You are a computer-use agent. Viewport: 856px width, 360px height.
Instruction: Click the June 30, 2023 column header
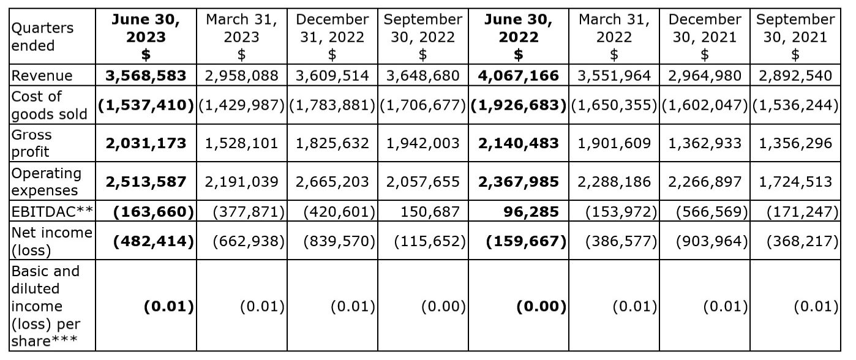(146, 37)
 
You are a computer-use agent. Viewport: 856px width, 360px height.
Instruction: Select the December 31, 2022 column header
(332, 37)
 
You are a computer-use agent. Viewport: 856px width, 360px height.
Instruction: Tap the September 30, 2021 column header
(795, 37)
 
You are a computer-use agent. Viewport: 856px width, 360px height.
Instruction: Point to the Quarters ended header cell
(42, 37)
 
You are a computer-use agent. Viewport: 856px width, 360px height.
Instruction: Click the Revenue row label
(42, 76)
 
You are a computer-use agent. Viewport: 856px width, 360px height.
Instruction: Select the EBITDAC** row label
(51, 212)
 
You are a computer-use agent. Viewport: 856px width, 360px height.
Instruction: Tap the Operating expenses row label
(47, 181)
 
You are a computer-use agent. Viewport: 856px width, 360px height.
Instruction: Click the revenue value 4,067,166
(518, 76)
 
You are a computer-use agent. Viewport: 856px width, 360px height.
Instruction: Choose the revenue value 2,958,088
(241, 76)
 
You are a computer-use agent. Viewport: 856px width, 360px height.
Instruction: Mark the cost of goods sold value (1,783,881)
(332, 105)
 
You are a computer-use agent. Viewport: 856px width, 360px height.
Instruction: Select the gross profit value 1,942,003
(422, 143)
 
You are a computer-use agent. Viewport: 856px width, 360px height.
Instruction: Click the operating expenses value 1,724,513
(795, 182)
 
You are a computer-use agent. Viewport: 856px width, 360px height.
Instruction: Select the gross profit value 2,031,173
(146, 143)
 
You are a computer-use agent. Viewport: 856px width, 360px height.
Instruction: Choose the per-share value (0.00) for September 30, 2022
(443, 306)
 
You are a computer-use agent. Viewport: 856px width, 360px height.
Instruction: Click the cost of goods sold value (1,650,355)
(614, 105)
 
